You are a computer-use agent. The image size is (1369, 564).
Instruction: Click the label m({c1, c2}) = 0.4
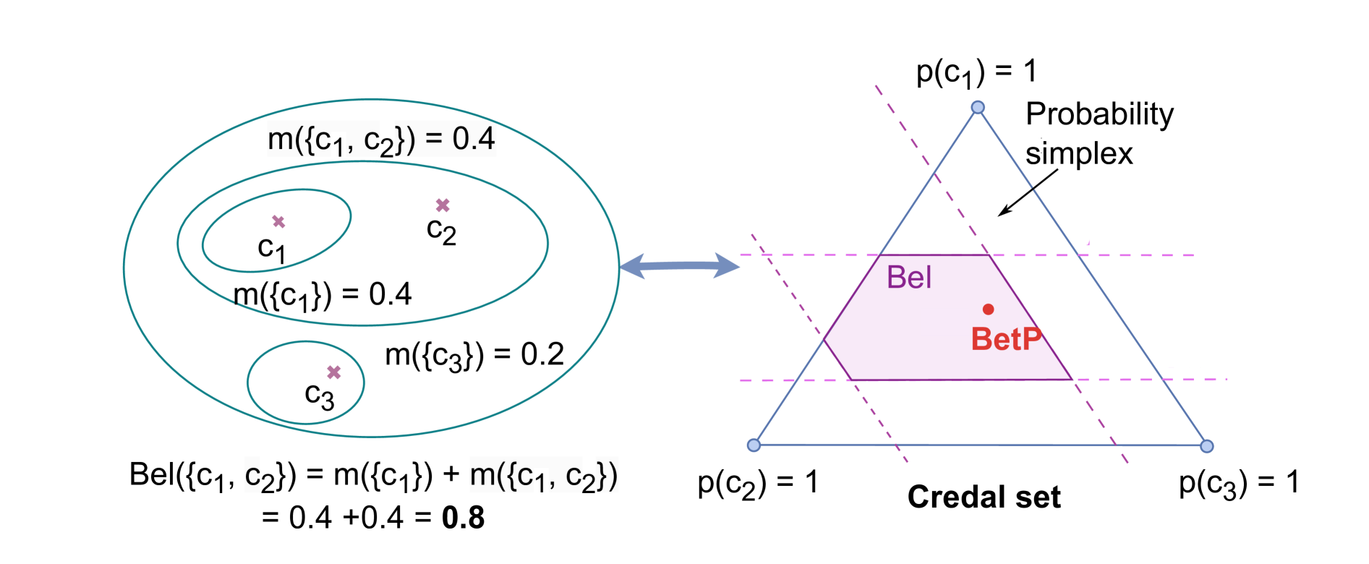click(381, 140)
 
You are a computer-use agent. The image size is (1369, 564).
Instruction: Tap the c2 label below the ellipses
click(260, 476)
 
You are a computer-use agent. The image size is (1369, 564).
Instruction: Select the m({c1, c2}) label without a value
click(544, 476)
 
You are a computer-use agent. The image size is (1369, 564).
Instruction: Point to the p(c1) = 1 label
click(977, 73)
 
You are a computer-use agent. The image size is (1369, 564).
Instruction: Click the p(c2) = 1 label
click(757, 481)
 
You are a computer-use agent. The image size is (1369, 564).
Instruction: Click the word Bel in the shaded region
click(909, 278)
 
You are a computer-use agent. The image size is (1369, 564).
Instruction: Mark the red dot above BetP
click(989, 309)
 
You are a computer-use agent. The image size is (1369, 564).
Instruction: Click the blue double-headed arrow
click(679, 266)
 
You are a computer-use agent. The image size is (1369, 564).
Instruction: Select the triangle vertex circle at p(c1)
click(978, 108)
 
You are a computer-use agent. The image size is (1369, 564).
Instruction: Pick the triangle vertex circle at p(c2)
click(754, 445)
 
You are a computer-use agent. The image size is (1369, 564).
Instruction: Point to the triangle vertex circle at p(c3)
click(1206, 446)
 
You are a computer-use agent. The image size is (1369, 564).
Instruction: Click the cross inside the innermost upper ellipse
click(278, 222)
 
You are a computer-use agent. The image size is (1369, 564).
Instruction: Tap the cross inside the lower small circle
click(333, 372)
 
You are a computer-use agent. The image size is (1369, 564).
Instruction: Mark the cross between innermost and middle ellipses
click(443, 206)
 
